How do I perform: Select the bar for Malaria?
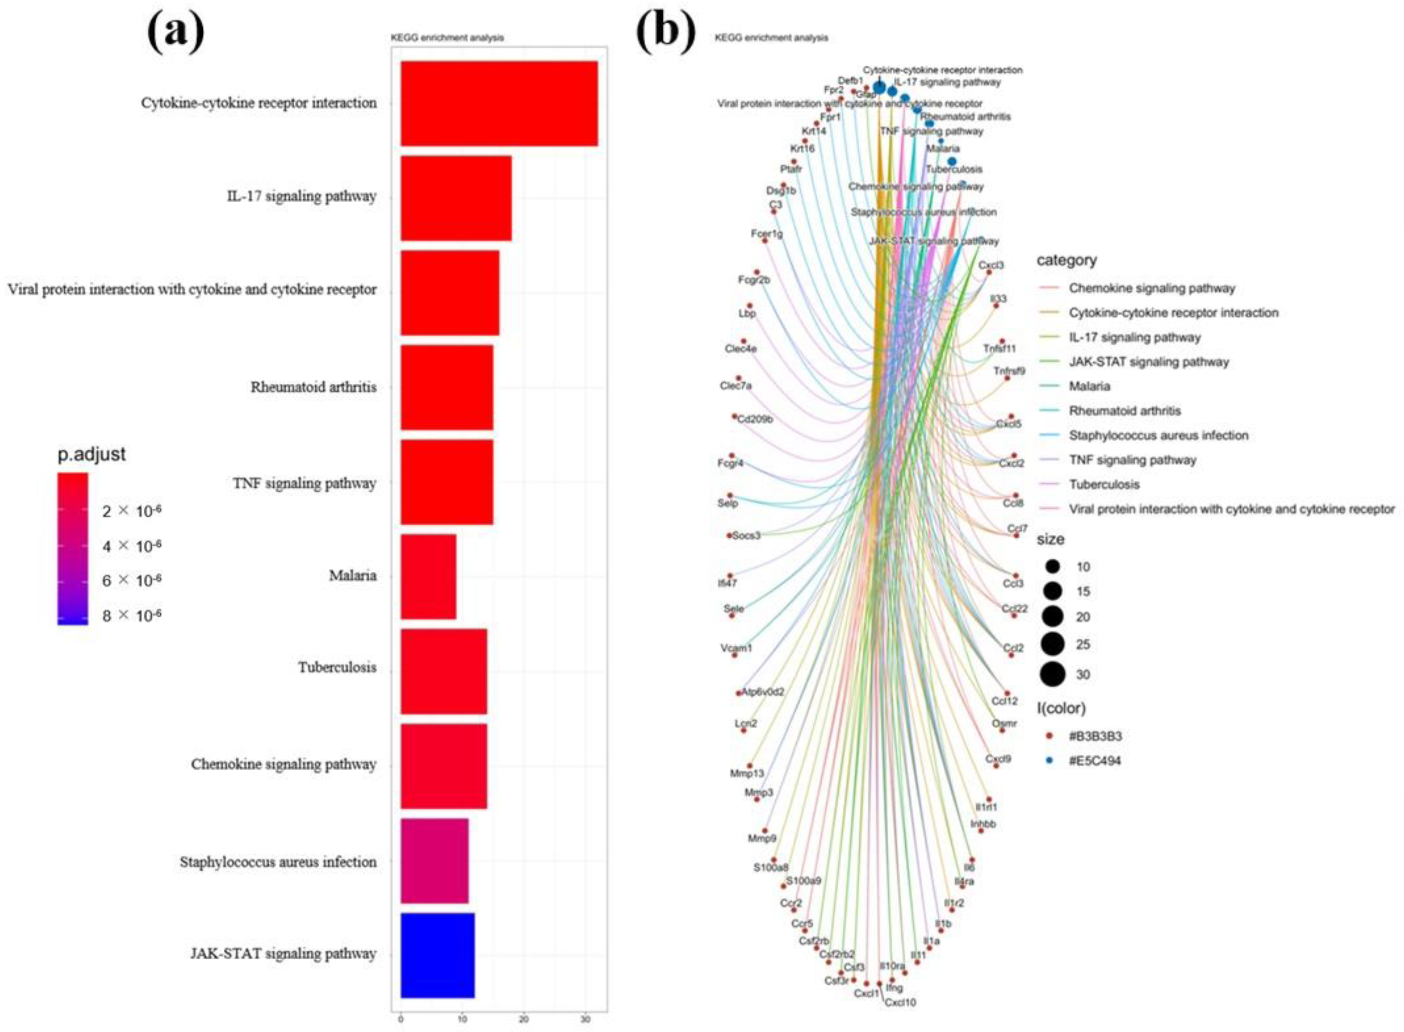(x=428, y=576)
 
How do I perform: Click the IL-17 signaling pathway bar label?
(x=301, y=196)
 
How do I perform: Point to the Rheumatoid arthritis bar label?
(x=314, y=387)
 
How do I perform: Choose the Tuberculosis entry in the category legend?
(x=1104, y=484)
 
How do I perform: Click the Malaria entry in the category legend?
(x=1089, y=386)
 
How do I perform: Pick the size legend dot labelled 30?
(x=1053, y=674)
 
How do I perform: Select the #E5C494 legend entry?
(x=1095, y=760)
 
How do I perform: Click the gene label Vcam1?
(x=737, y=648)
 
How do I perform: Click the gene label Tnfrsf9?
(x=1009, y=371)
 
